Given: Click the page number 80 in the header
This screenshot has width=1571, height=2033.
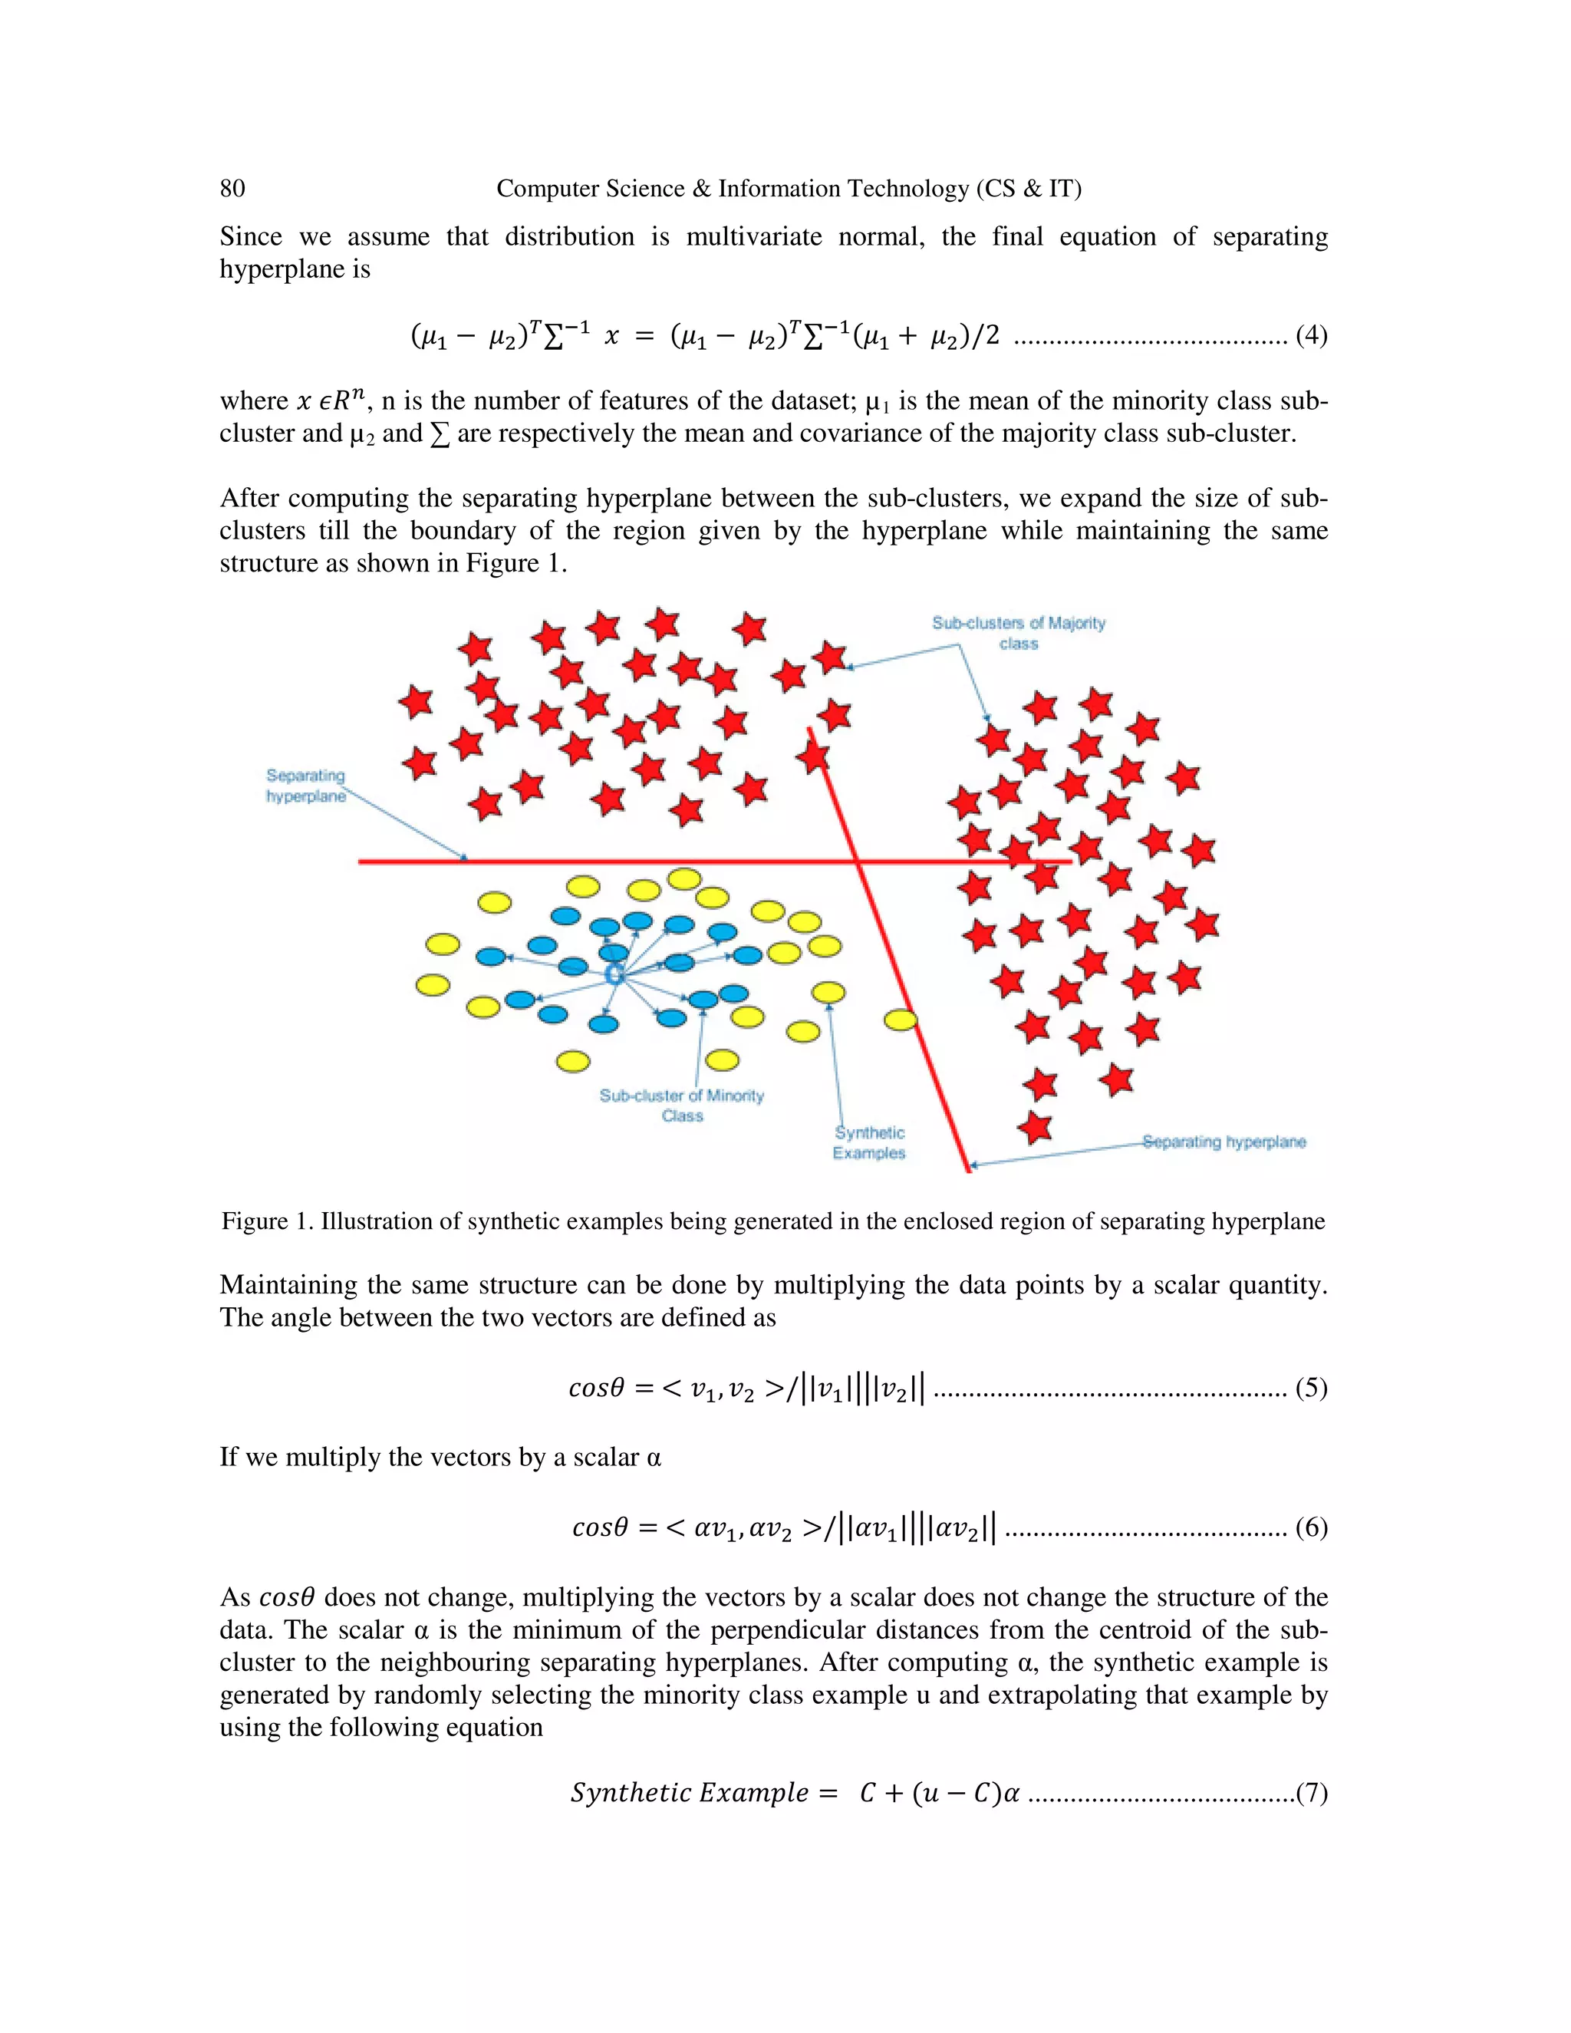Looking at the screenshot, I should coord(232,189).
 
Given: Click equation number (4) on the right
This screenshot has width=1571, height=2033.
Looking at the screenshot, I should coord(1310,335).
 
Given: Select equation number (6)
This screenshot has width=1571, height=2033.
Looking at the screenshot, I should coord(1310,1527).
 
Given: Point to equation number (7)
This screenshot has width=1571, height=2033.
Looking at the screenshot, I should coord(1310,1793).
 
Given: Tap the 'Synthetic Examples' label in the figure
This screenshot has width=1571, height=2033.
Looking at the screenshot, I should coord(869,1143).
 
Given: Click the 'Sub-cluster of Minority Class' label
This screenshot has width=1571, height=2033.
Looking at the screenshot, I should coord(682,1105).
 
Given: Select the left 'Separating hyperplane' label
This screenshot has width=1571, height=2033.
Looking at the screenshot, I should coord(305,786).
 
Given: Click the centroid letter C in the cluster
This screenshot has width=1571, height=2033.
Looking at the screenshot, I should coord(614,974).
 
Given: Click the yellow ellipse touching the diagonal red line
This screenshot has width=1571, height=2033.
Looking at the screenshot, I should coord(900,1020).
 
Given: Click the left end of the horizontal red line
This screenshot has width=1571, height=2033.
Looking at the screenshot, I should coord(362,862).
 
